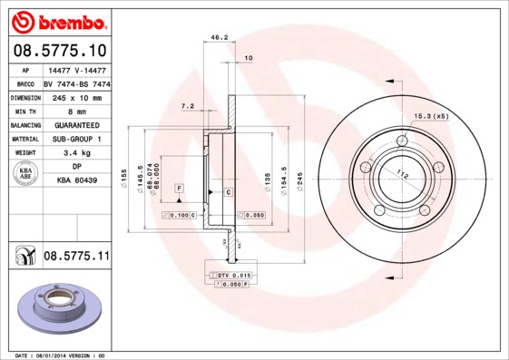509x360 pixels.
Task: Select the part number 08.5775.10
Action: point(58,50)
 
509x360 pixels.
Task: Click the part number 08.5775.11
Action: point(76,258)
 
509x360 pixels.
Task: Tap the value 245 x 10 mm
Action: point(76,97)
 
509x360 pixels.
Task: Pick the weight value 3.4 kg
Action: point(76,153)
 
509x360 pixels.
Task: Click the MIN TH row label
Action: point(24,112)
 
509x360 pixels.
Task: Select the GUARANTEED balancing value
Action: point(76,125)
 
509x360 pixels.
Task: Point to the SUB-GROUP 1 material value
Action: point(76,139)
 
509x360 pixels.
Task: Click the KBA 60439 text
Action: point(77,180)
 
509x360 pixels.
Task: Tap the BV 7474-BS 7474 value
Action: point(77,83)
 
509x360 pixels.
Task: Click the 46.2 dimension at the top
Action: point(219,38)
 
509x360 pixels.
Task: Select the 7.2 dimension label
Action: point(188,106)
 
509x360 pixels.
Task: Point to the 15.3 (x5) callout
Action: point(431,116)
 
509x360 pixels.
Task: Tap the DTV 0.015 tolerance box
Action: point(232,274)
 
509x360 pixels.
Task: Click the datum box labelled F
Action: point(180,187)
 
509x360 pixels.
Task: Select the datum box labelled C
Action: point(228,193)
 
